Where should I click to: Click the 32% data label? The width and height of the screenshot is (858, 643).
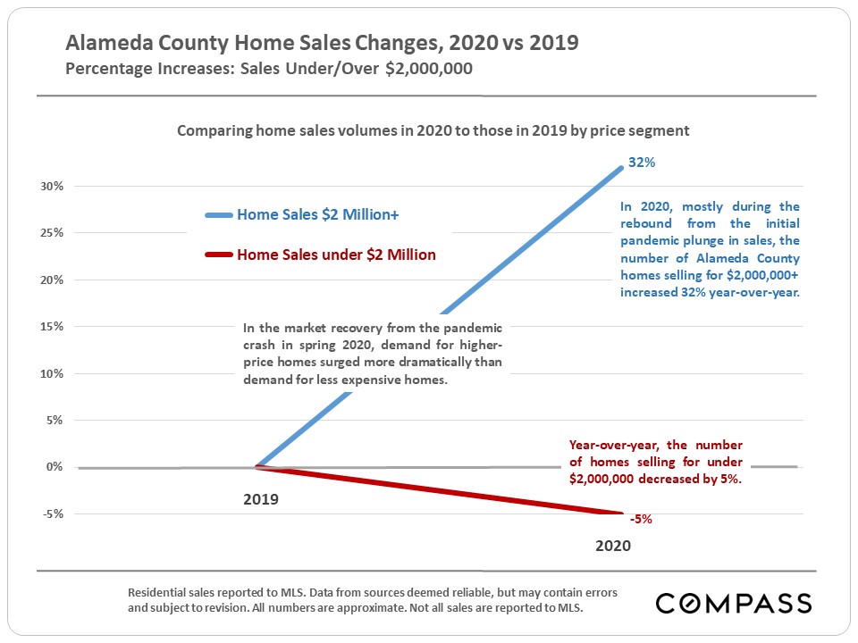pyautogui.click(x=642, y=163)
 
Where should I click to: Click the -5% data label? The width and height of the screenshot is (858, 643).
pyautogui.click(x=640, y=519)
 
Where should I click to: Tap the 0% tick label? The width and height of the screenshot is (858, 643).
pyautogui.click(x=54, y=467)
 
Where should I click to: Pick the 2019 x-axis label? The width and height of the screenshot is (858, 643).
pyautogui.click(x=261, y=499)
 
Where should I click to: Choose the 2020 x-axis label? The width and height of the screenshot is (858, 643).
pyautogui.click(x=613, y=546)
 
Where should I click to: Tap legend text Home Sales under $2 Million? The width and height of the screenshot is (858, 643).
pyautogui.click(x=336, y=255)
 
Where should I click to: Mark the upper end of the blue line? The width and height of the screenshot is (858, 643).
pyautogui.click(x=620, y=168)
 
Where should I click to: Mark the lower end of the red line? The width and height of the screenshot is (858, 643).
pyautogui.click(x=620, y=514)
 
